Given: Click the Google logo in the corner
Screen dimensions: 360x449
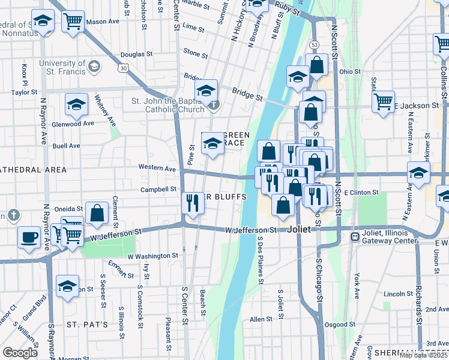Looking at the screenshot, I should pyautogui.click(x=20, y=353).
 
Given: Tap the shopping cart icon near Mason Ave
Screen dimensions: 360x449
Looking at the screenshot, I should pyautogui.click(x=73, y=21).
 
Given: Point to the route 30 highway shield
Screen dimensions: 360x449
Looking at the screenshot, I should pyautogui.click(x=122, y=68).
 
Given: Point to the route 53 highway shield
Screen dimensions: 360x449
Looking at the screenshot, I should pyautogui.click(x=313, y=44).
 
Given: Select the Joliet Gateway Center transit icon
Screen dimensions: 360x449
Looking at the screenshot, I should pyautogui.click(x=355, y=236).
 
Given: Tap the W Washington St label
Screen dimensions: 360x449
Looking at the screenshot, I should pyautogui.click(x=152, y=256).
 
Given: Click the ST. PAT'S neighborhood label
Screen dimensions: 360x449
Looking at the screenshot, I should pyautogui.click(x=87, y=325).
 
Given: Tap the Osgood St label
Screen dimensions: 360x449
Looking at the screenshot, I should pyautogui.click(x=336, y=325).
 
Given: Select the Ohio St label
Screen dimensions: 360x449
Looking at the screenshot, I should pyautogui.click(x=349, y=71).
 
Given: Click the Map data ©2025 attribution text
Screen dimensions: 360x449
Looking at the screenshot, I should pyautogui.click(x=424, y=355).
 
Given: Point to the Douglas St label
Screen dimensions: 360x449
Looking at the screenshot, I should pyautogui.click(x=132, y=55).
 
